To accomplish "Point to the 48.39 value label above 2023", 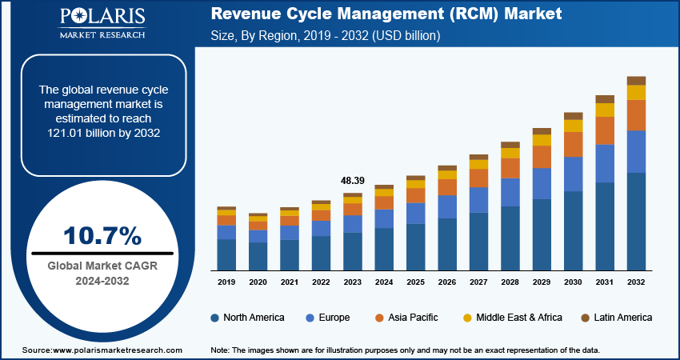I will pyautogui.click(x=352, y=182).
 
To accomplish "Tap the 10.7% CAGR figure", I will pyautogui.click(x=102, y=236).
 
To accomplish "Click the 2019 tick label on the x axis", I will pyautogui.click(x=226, y=282).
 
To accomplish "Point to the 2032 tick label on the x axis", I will pyautogui.click(x=636, y=282).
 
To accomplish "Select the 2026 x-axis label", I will pyautogui.click(x=447, y=282).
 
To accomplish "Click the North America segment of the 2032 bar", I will pyautogui.click(x=636, y=222).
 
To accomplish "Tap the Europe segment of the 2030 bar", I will pyautogui.click(x=573, y=174).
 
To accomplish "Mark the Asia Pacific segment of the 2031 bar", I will pyautogui.click(x=605, y=130).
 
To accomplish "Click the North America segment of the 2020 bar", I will pyautogui.click(x=258, y=256).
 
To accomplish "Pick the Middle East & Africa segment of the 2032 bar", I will pyautogui.click(x=636, y=93).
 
